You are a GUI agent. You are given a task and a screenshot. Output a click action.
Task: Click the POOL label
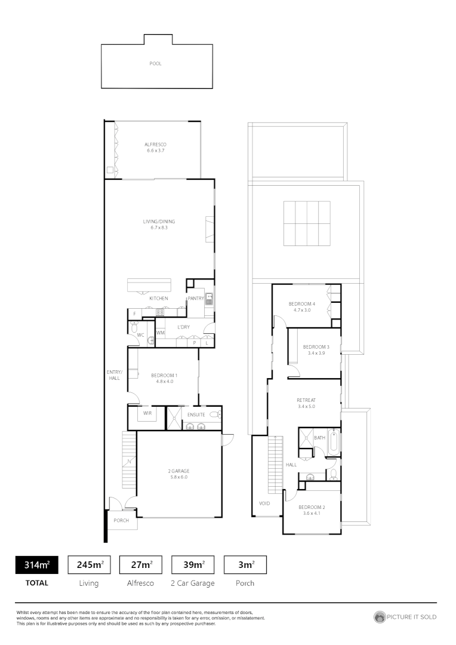coord(155,63)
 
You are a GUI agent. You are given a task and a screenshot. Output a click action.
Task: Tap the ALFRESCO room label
coord(155,145)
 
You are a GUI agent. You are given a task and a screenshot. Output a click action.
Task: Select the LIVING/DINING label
coord(159,222)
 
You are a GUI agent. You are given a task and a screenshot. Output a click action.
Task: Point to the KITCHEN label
coord(159,298)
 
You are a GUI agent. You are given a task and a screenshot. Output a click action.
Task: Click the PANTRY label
coord(196,298)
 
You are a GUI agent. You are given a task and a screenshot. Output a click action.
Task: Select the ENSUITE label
coord(196,414)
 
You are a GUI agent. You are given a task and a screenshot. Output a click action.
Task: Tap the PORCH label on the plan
coord(122,521)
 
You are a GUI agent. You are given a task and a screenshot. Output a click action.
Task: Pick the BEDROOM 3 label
coord(316,347)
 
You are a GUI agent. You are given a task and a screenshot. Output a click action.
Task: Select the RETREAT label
coord(306,400)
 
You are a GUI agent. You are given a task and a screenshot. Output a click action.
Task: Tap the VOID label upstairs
coord(264,503)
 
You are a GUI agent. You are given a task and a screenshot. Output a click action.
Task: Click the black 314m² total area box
coord(36,564)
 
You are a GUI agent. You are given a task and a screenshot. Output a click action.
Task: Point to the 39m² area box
coord(193,564)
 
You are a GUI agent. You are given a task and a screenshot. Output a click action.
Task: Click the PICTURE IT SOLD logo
coord(405,617)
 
